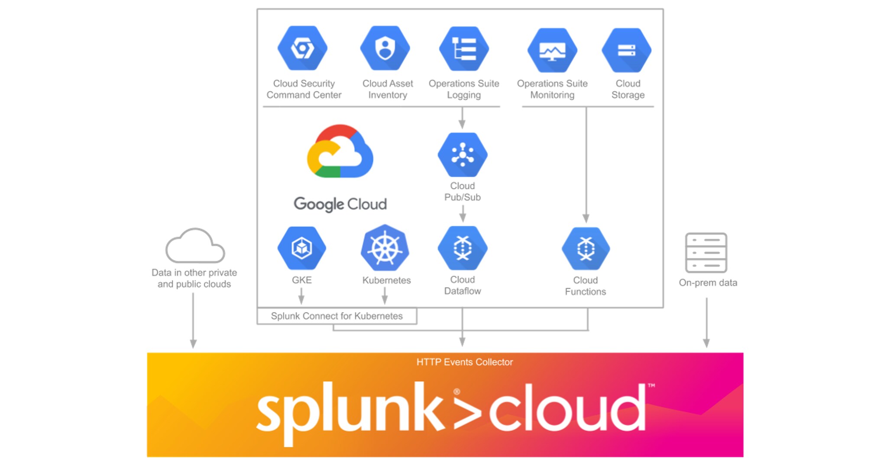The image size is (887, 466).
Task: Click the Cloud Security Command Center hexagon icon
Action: point(302,48)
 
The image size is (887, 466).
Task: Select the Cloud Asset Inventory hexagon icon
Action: point(385,48)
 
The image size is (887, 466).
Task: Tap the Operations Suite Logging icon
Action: point(464,49)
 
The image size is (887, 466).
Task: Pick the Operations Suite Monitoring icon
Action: point(552,50)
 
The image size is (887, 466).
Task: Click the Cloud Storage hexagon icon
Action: point(626,50)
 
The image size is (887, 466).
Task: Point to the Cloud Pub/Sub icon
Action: point(463,155)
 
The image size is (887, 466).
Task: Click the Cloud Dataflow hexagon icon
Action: point(463,248)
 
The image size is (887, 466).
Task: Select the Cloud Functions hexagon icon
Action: point(586,249)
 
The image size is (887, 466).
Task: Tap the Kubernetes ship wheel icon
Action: point(385,249)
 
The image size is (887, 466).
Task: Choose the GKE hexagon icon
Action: point(302,248)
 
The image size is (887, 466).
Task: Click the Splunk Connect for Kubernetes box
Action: point(337,316)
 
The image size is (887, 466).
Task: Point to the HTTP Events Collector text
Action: point(464,362)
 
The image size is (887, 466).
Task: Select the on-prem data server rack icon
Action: point(706,253)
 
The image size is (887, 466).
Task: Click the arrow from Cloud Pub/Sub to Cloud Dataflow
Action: point(463,213)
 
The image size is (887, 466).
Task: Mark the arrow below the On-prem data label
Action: point(706,323)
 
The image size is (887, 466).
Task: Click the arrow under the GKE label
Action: point(301,297)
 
